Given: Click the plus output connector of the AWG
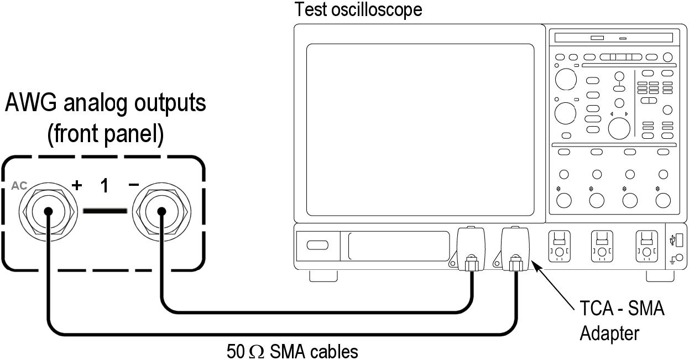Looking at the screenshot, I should [48, 211].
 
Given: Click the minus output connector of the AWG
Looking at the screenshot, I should [161, 211].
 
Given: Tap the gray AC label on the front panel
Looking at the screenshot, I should [19, 186].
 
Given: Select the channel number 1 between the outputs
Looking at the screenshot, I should [105, 186].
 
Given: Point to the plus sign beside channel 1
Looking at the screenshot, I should [76, 185].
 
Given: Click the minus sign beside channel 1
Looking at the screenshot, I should [133, 185].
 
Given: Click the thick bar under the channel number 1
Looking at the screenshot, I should [105, 210].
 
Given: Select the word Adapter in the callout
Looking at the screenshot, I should [609, 333].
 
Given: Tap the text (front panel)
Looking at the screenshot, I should [105, 135].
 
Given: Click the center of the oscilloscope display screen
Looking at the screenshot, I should [420, 130].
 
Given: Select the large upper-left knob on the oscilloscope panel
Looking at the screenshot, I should [565, 79].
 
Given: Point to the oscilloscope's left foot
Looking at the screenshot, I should [323, 275].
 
